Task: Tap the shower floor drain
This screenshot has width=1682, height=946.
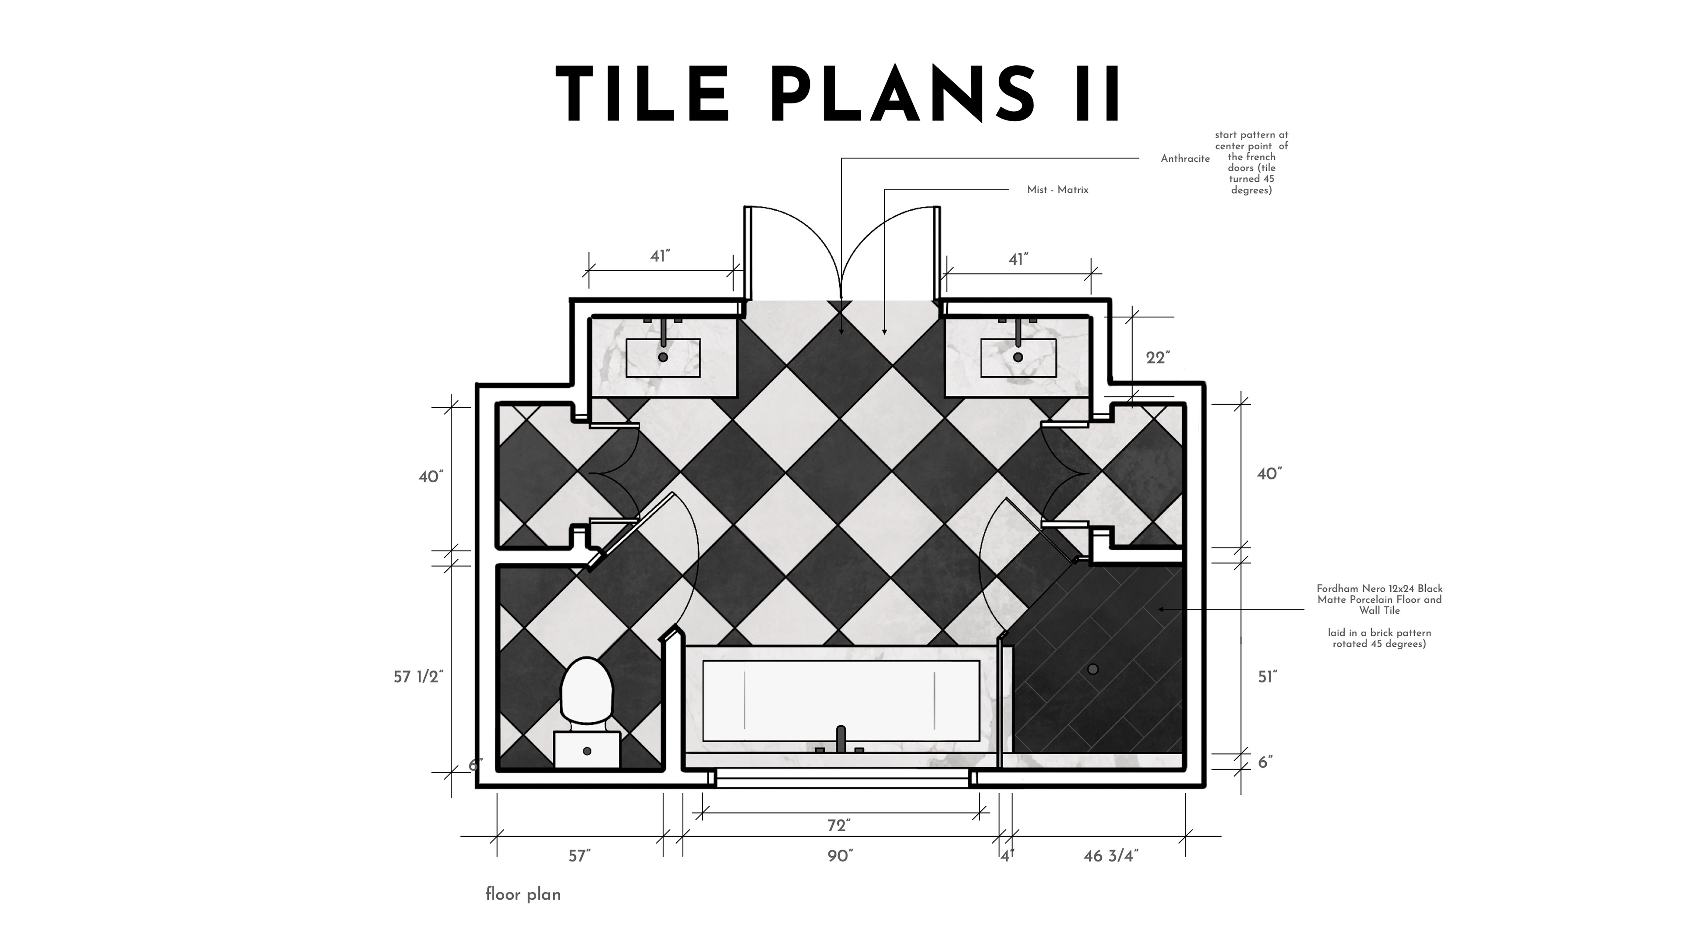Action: (x=1093, y=669)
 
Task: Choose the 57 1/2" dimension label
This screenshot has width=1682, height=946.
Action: (x=418, y=677)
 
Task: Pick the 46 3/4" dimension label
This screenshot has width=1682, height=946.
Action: (x=1111, y=856)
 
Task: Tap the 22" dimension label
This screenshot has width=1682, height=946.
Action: (x=1158, y=358)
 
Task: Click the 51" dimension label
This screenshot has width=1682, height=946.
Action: (x=1267, y=678)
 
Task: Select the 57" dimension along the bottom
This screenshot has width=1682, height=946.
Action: (x=579, y=856)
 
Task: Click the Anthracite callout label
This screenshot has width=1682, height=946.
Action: (x=1185, y=159)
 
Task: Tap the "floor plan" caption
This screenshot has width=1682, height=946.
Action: (x=523, y=894)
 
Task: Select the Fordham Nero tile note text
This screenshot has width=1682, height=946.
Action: (x=1380, y=616)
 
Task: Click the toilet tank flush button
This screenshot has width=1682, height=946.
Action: (x=587, y=752)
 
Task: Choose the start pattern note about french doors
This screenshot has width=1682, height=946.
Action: (x=1251, y=162)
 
